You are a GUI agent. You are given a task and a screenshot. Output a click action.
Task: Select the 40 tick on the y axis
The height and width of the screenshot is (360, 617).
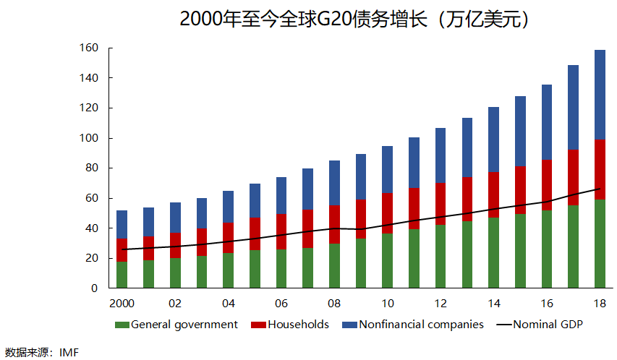click(91, 228)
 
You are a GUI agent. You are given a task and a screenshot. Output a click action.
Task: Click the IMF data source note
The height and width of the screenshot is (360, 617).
click(41, 353)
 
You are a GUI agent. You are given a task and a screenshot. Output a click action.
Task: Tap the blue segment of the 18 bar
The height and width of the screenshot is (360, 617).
click(600, 95)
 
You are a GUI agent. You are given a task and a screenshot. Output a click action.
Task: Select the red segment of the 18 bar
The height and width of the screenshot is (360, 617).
click(600, 169)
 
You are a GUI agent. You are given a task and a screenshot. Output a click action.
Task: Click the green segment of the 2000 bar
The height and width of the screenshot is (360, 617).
click(122, 275)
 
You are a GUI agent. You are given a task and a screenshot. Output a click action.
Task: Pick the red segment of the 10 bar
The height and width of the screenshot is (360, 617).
click(387, 213)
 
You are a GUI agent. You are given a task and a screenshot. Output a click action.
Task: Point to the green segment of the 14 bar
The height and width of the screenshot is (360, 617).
click(493, 252)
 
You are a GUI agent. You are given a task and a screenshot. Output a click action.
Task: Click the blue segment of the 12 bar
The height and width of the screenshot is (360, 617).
click(441, 155)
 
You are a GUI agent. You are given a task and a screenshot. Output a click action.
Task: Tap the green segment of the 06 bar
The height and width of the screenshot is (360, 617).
click(281, 268)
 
